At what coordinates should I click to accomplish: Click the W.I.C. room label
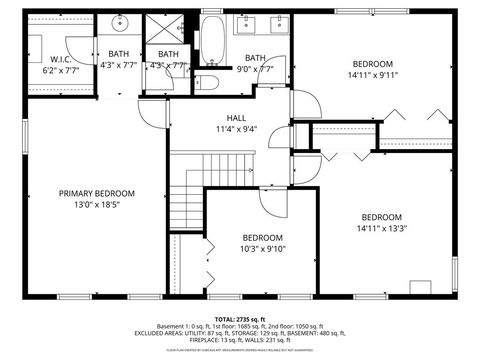(60, 59)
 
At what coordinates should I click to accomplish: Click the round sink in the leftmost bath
(119, 22)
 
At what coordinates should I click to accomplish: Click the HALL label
(236, 117)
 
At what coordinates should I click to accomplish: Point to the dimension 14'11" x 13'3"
(381, 229)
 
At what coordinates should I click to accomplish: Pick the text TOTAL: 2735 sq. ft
(240, 318)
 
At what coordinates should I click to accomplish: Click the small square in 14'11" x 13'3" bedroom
(421, 287)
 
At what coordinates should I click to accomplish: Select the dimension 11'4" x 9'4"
(236, 129)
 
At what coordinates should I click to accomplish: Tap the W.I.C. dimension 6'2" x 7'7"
(60, 71)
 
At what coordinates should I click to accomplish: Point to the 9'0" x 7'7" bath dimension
(256, 69)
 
